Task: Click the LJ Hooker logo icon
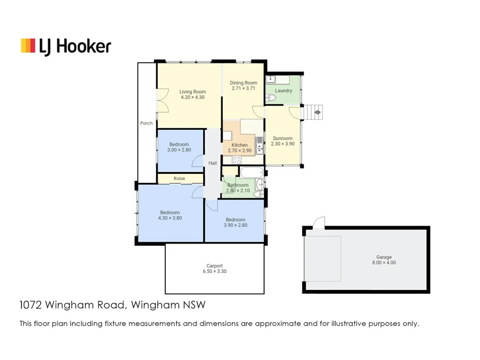[28, 46]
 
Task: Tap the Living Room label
[192, 92]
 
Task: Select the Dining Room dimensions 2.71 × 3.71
[243, 88]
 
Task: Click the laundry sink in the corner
[270, 79]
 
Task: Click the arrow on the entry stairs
[318, 112]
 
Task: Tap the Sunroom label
[282, 138]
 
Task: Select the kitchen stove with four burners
[236, 159]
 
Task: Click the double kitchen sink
[260, 146]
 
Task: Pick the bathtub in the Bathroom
[251, 173]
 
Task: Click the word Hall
[212, 163]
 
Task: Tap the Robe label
[178, 178]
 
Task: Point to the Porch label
[146, 123]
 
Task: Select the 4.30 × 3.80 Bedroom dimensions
[170, 218]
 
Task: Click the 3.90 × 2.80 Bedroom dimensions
[235, 225]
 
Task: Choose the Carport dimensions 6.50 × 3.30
[214, 271]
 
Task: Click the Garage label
[384, 257]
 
